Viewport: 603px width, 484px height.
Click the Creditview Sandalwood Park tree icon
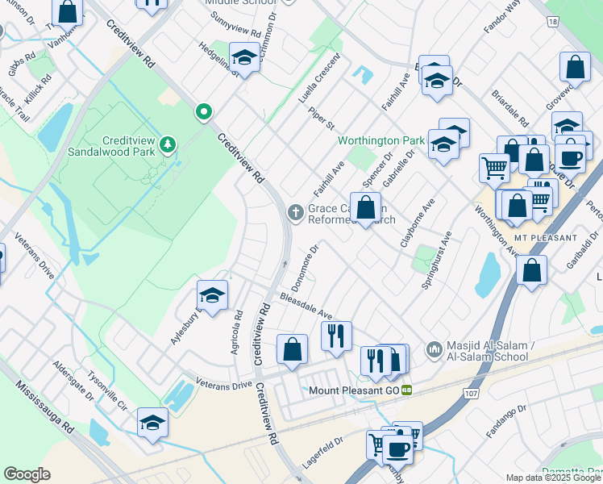pyautogui.click(x=168, y=144)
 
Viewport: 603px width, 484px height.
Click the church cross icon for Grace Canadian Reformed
pyautogui.click(x=296, y=212)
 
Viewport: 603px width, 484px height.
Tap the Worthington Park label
pyautogui.click(x=381, y=140)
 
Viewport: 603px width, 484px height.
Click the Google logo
pyautogui.click(x=27, y=474)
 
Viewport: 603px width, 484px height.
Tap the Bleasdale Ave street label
pyautogui.click(x=306, y=306)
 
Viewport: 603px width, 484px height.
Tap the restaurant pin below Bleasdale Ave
pyautogui.click(x=336, y=334)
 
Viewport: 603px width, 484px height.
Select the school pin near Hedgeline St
pyautogui.click(x=243, y=56)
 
